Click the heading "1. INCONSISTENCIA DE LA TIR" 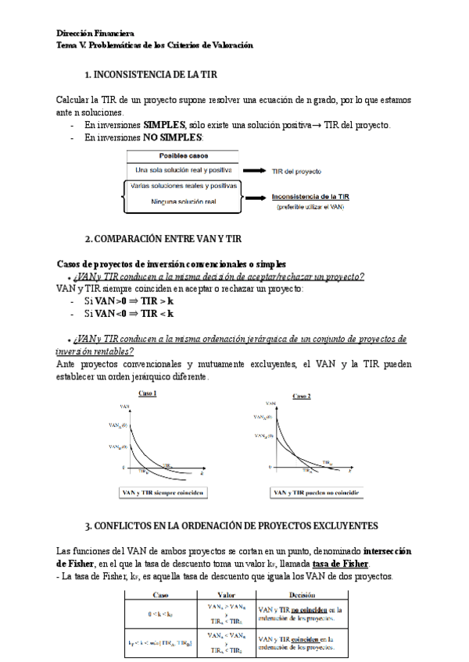pos(151,74)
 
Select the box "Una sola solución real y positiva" pos(184,169)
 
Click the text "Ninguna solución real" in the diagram pos(184,202)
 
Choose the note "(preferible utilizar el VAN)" pos(310,207)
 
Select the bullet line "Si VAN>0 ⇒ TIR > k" pos(128,301)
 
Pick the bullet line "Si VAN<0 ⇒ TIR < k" pos(128,313)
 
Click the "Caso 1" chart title pos(148,393)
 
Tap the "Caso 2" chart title pos(302,396)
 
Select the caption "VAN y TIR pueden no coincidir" pos(310,493)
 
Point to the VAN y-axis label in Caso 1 pos(125,406)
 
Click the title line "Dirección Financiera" pos(95,34)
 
